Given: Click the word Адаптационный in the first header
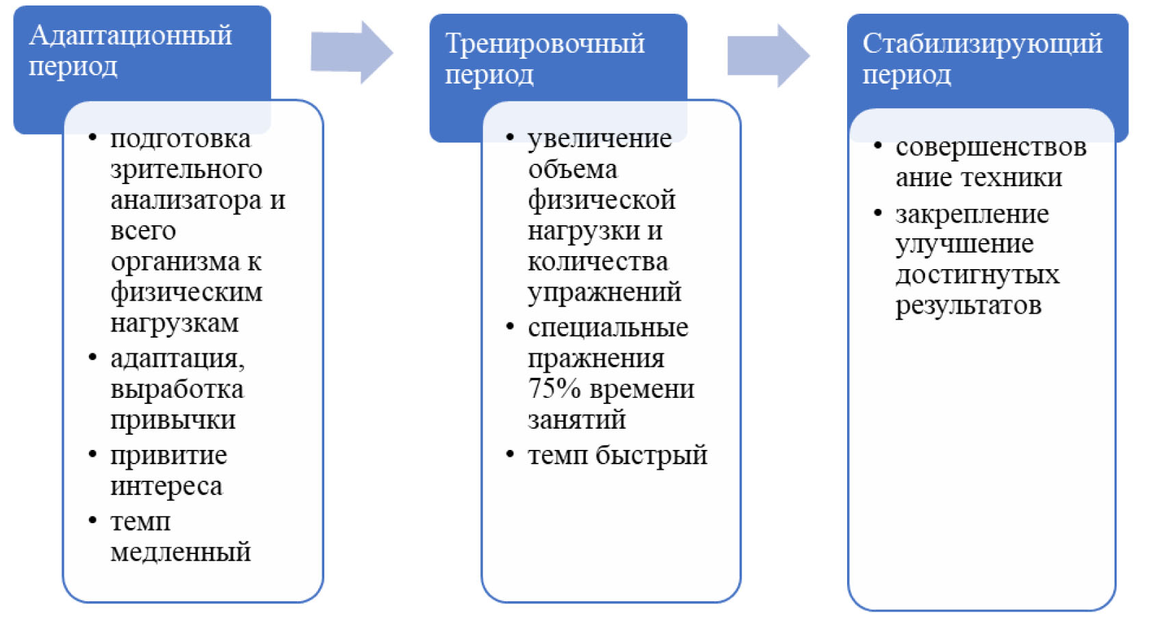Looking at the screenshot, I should (x=131, y=36).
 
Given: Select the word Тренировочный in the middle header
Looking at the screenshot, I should (x=545, y=44).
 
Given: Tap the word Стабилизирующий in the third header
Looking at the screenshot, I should (x=982, y=44).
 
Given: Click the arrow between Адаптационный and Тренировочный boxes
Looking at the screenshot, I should (x=352, y=53).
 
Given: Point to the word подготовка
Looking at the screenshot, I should (x=181, y=139).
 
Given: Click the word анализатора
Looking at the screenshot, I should (x=186, y=200).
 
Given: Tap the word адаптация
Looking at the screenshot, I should (x=177, y=358).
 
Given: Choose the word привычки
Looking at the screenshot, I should (x=173, y=420).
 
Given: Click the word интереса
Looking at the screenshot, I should (x=166, y=486).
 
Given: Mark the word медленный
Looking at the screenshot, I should (x=181, y=552).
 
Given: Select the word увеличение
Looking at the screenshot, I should (x=599, y=139).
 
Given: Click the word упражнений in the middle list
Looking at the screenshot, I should (x=604, y=292).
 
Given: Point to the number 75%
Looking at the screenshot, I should (x=554, y=389).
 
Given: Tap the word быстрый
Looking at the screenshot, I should (x=651, y=455).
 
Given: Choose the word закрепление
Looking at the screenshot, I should (x=972, y=214).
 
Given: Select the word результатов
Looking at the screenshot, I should (x=968, y=305).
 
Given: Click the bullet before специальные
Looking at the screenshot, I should (x=510, y=327).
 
